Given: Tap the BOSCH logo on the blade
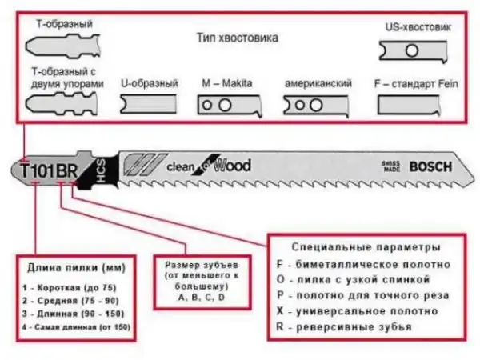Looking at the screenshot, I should [x=430, y=167].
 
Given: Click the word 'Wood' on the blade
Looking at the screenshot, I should [x=232, y=166].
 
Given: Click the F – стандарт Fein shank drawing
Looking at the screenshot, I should [x=414, y=105].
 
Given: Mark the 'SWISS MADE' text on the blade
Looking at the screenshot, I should [x=391, y=166].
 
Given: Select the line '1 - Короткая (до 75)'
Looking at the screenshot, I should [x=63, y=285].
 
